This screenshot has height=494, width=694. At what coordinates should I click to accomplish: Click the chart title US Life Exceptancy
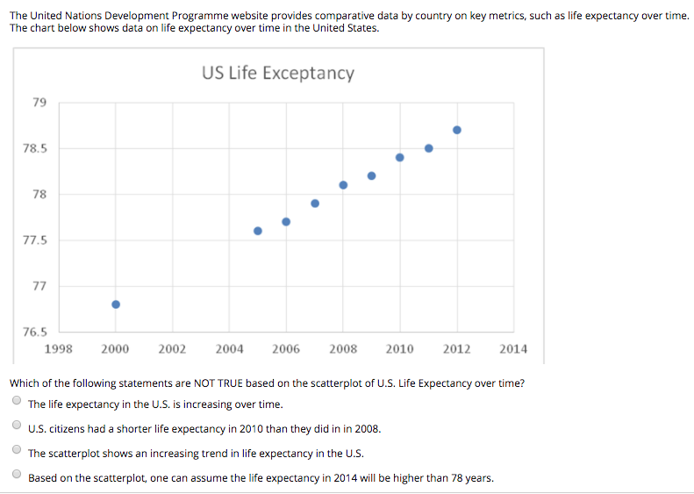(x=278, y=73)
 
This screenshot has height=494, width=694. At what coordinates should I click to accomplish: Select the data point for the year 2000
(x=115, y=304)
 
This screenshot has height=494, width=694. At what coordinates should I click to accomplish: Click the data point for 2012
(x=457, y=130)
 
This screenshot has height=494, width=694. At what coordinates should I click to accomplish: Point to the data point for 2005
(x=258, y=231)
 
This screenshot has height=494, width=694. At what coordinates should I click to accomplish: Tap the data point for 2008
(x=343, y=185)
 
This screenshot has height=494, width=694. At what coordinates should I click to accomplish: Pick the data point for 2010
(x=400, y=158)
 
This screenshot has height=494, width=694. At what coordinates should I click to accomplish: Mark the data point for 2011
(x=429, y=148)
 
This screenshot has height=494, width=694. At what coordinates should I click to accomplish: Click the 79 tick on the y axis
(x=39, y=103)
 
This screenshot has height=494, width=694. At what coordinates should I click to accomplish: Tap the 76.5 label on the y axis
(x=35, y=332)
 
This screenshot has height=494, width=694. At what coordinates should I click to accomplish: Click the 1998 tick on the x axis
(x=58, y=348)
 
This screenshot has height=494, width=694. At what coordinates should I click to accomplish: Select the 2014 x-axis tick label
(x=513, y=348)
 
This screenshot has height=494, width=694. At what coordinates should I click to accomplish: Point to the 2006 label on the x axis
(x=286, y=348)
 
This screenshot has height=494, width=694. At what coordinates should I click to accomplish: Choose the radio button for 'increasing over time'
(x=17, y=403)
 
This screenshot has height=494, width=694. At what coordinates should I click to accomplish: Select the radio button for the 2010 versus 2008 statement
(x=17, y=427)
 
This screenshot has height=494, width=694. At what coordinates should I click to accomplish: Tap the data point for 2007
(x=315, y=204)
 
